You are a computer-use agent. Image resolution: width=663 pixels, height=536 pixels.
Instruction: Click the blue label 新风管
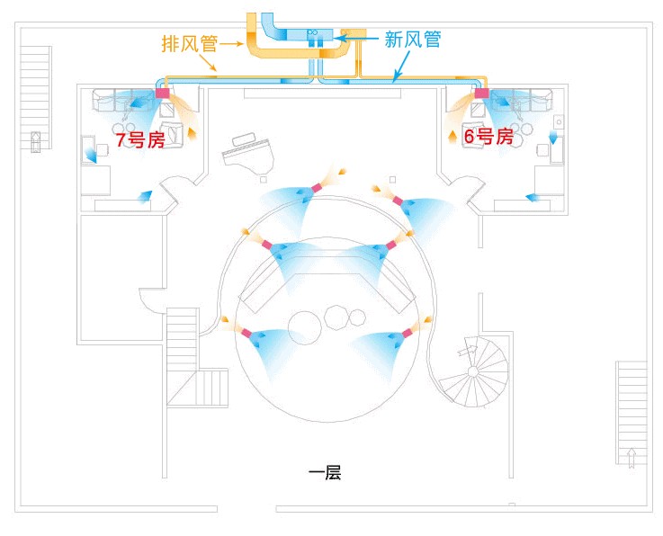point(411,40)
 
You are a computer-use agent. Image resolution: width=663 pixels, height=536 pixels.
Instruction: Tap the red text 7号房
point(139,140)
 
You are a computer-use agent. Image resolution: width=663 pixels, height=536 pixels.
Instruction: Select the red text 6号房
point(488,137)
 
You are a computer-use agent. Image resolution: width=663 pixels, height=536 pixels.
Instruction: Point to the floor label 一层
point(325,472)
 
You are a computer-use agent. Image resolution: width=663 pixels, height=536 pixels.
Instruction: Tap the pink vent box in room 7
point(163,94)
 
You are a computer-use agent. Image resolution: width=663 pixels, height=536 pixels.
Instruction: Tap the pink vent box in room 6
point(481,94)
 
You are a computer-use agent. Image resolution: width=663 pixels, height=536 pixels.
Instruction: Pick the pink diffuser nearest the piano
point(316,188)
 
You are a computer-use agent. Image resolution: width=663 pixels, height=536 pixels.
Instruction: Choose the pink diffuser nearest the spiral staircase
point(406,333)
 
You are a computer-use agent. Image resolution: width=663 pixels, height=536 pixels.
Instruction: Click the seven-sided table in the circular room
point(337,317)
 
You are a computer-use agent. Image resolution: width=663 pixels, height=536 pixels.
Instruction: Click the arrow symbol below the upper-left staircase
point(36,140)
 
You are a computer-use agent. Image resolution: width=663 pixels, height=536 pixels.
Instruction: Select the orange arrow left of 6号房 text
point(452,138)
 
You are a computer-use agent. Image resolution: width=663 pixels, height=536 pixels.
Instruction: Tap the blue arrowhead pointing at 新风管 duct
point(340,39)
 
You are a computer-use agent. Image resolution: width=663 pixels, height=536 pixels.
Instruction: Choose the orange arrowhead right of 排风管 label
point(239,42)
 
